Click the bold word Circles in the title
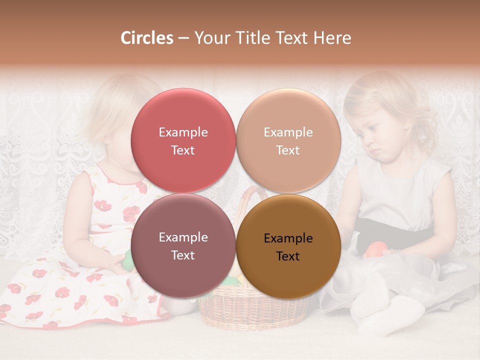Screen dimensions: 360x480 tap(146, 38)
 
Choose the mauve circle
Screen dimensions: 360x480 tap(183, 246)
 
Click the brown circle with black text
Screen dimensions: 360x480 tap(288, 246)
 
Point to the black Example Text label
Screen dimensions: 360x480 tap(288, 247)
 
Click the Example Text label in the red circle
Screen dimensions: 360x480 tap(183, 141)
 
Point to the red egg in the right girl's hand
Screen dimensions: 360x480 tap(376, 249)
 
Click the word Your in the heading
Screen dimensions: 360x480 tap(210, 38)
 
